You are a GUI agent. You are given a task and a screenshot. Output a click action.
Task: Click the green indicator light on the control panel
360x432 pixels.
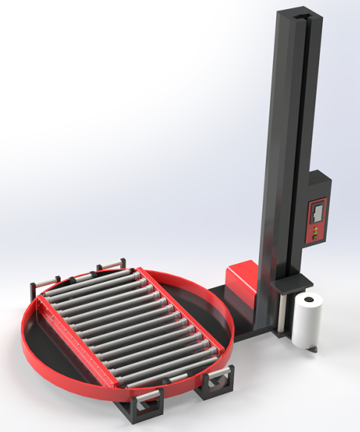(315, 229)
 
